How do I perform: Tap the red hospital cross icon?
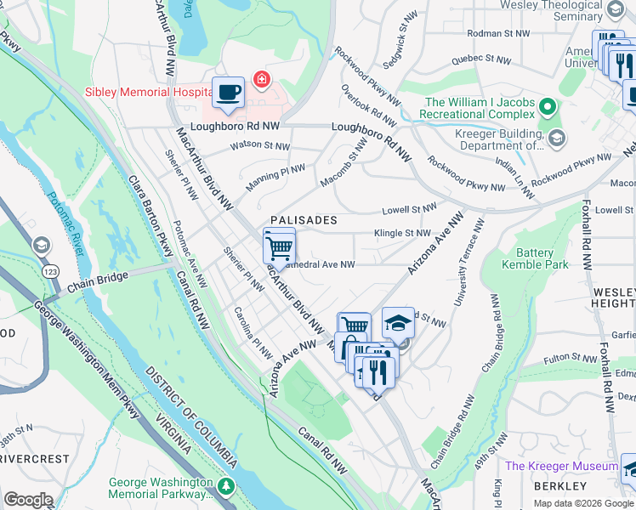(x=261, y=80)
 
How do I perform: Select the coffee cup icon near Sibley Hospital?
(x=228, y=93)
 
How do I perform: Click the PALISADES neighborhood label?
(x=304, y=220)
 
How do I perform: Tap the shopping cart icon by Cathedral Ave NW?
(x=279, y=247)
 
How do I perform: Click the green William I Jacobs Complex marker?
(x=548, y=108)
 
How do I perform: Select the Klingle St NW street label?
(x=402, y=233)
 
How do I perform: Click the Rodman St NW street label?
(x=502, y=33)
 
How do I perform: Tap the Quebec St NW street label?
(x=480, y=59)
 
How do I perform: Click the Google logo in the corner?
(x=29, y=499)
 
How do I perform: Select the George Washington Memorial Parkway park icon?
(x=225, y=485)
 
